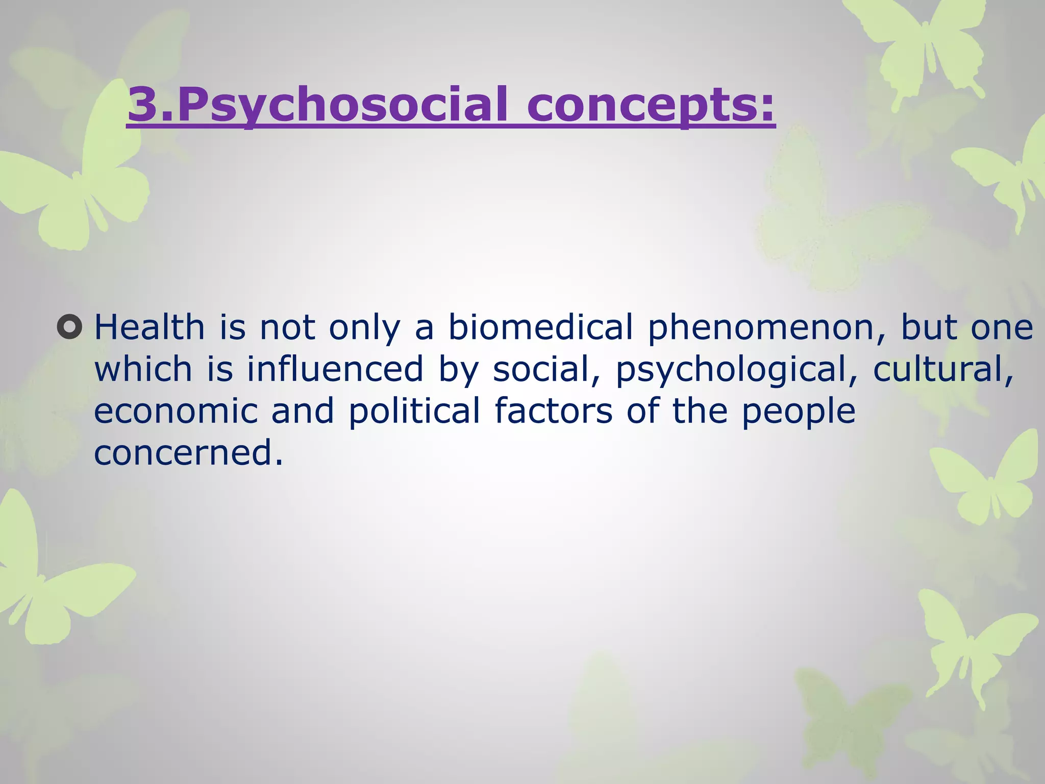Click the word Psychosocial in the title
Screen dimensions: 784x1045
(x=342, y=105)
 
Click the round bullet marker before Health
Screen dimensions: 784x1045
(x=69, y=327)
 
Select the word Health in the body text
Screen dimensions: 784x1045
(x=150, y=327)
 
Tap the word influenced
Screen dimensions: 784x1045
(x=335, y=369)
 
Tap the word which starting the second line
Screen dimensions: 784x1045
(x=143, y=369)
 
